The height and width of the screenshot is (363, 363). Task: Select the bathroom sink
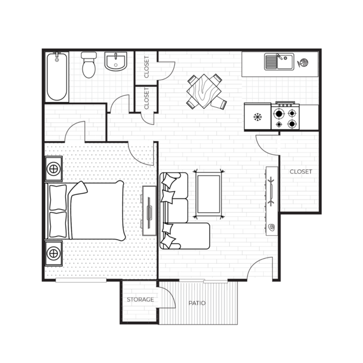(x=118, y=61)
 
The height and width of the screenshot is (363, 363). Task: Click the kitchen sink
(x=278, y=61)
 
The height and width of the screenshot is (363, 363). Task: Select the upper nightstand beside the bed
(x=53, y=169)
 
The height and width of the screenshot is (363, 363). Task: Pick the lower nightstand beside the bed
(x=53, y=252)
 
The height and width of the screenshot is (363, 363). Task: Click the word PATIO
(x=197, y=303)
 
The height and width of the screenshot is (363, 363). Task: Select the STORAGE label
(x=140, y=299)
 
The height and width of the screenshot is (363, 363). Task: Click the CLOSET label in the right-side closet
(x=300, y=171)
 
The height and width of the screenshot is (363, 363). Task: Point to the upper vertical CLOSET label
(x=147, y=67)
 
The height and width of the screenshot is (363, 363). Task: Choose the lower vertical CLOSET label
(x=147, y=99)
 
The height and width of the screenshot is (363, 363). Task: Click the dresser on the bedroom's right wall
(x=149, y=210)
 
